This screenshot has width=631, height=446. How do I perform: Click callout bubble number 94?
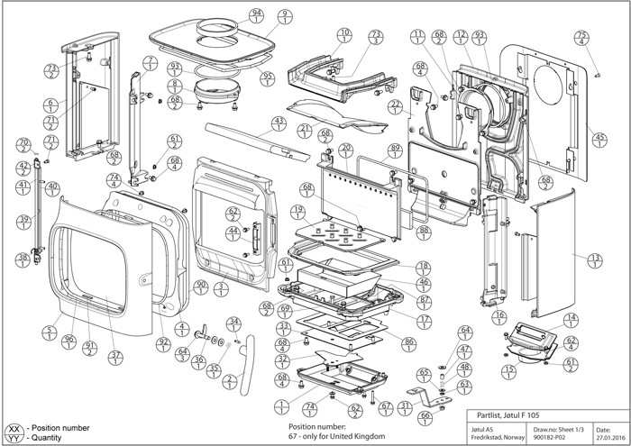[x=258, y=16]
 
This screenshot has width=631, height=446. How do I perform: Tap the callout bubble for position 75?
[x=581, y=38]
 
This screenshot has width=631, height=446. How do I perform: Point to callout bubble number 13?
[x=595, y=259]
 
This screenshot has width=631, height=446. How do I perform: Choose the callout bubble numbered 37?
[x=115, y=358]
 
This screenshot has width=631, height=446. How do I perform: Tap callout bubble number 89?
[x=394, y=151]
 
